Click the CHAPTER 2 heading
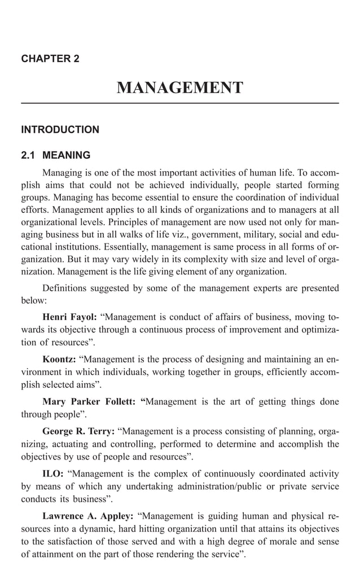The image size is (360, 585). pos(50,59)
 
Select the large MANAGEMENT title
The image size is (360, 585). pos(179,88)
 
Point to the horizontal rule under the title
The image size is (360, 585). pos(179,103)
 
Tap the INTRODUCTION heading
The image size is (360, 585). pos(60,130)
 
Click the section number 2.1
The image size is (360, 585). pos(28,155)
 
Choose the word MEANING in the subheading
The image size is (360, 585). pos(67,155)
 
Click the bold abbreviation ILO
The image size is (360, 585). pos(53,473)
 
